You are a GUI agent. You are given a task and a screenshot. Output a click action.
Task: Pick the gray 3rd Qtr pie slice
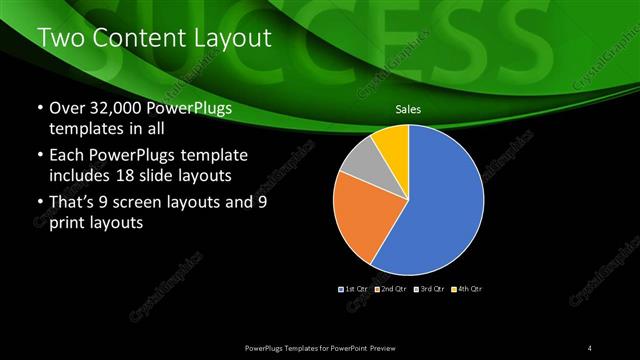(359, 160)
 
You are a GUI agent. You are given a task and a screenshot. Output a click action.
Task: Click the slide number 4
(590, 347)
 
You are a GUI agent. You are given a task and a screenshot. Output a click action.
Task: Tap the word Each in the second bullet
(66, 157)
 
